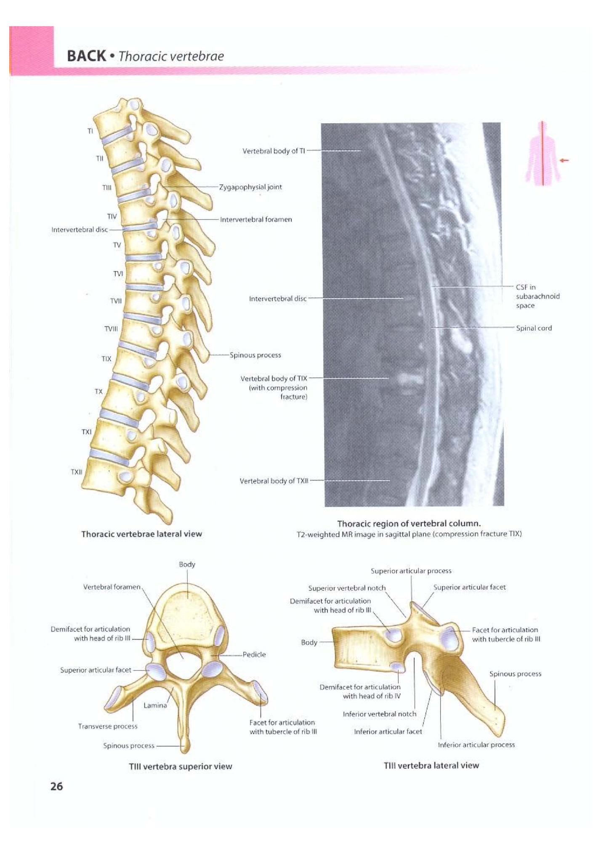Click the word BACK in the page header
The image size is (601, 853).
(x=86, y=56)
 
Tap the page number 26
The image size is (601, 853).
(x=56, y=786)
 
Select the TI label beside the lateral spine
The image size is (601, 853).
(x=90, y=131)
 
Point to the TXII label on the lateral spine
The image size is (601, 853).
(x=77, y=472)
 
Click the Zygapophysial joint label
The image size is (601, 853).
(x=250, y=187)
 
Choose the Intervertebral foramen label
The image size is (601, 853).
(x=256, y=220)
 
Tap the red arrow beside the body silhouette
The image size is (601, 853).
(x=564, y=160)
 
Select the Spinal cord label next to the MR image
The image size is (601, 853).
(x=534, y=328)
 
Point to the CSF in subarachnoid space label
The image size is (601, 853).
(x=537, y=296)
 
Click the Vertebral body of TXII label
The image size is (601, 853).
(x=274, y=481)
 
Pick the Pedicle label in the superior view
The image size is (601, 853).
(x=254, y=654)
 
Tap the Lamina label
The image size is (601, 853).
(x=155, y=705)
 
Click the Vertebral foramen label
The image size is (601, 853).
(x=112, y=587)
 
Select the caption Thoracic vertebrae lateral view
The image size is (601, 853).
(x=141, y=534)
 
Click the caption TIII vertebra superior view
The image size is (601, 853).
(x=181, y=766)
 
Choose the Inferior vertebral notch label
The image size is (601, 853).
(x=380, y=714)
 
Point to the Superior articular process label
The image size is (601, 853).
(x=411, y=571)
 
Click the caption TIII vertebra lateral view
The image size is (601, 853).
(x=431, y=766)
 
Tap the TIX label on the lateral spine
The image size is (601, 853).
(x=106, y=359)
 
